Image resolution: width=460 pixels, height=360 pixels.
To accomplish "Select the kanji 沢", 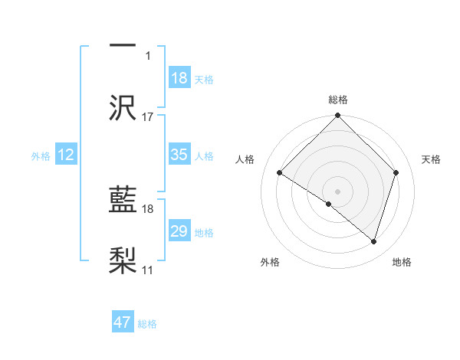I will (123, 108).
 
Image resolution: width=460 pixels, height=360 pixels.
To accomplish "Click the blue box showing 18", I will (179, 78).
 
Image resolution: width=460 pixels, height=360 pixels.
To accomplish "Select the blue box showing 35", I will (179, 155).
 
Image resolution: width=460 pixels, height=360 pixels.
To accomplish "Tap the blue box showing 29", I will (179, 231).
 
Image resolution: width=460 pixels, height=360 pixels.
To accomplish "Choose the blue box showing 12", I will (66, 155).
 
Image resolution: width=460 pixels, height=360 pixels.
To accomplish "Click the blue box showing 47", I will (123, 322).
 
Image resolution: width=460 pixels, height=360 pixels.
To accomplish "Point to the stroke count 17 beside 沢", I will (148, 117).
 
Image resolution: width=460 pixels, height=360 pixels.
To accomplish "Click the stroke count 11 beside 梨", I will (148, 270).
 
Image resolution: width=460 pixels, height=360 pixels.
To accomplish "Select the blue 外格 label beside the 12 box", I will (41, 156).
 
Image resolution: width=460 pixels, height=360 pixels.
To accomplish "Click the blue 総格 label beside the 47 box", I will (147, 324).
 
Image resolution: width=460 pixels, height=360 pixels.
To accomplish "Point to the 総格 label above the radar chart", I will (338, 100).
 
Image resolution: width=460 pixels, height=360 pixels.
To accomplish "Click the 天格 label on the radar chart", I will (432, 159).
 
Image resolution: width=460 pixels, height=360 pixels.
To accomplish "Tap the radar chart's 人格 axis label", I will (245, 159).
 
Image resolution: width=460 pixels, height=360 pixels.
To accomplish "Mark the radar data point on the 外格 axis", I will (329, 204).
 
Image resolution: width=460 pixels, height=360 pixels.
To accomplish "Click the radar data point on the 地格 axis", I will (374, 242).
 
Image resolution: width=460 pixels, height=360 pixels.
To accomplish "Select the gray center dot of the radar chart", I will (338, 191).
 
